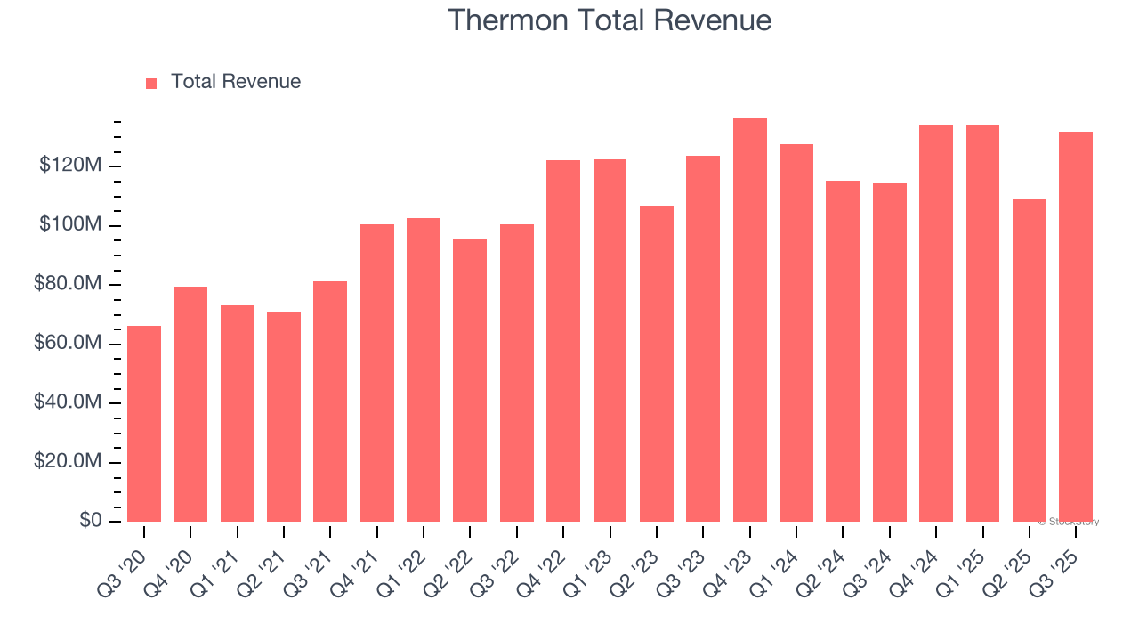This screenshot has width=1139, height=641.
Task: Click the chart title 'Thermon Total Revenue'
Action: [609, 20]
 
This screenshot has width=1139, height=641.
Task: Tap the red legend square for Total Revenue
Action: [151, 83]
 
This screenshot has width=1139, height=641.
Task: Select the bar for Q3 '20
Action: [144, 424]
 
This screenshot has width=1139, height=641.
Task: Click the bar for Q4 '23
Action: [749, 320]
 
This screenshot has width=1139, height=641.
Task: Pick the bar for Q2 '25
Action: [1030, 361]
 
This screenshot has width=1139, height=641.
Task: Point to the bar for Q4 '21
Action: [377, 373]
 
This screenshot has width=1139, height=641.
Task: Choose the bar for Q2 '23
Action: [657, 363]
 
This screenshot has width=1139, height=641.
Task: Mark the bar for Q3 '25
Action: [1076, 327]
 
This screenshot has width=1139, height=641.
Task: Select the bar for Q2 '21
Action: [284, 417]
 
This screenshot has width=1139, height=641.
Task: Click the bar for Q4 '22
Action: [563, 341]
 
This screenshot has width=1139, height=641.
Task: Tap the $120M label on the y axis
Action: [69, 166]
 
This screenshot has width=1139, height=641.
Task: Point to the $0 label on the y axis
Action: [90, 521]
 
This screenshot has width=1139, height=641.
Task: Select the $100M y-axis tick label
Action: [69, 225]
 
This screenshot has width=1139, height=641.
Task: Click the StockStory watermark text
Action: [1069, 522]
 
